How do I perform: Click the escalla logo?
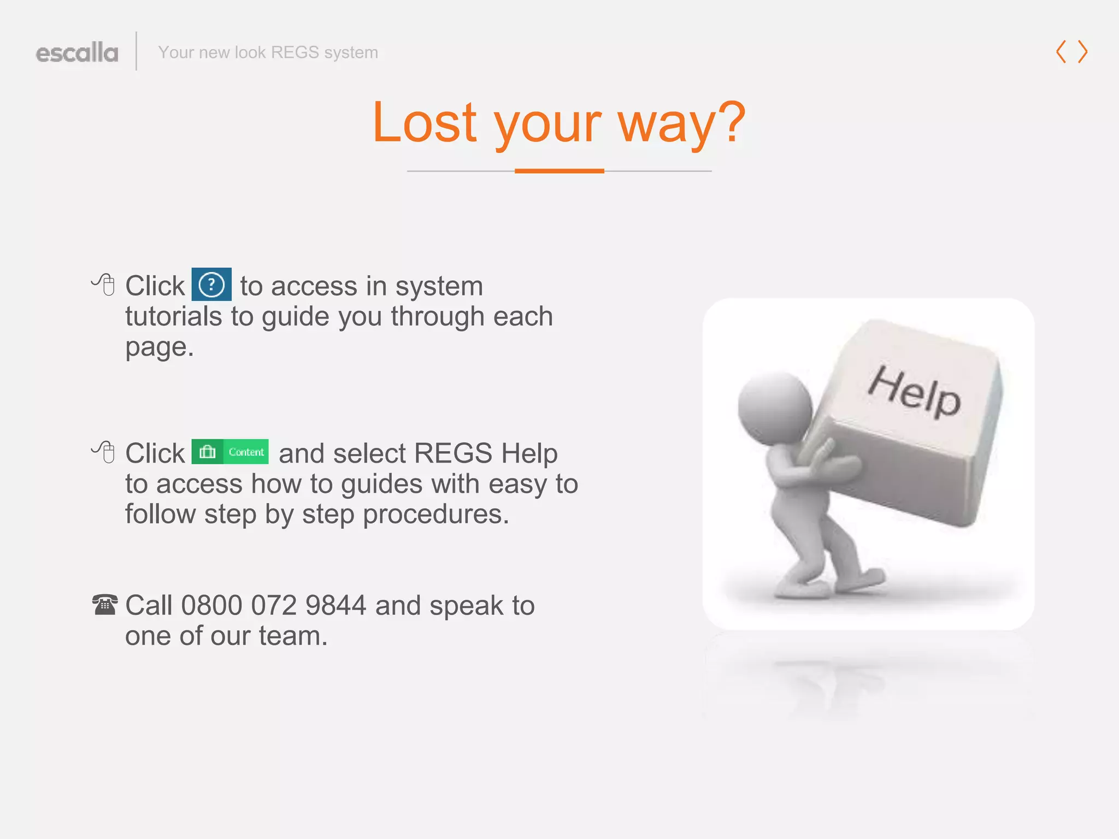coord(77,53)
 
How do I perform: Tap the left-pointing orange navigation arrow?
coord(1061,52)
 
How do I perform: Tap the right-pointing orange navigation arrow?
coord(1083,52)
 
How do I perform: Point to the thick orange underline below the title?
coord(559,171)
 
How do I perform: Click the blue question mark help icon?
coord(211,284)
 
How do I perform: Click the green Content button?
coord(230,452)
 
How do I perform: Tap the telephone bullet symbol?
coord(104,605)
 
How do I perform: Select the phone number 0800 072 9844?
coord(274,605)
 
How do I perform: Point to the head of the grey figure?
coord(774,407)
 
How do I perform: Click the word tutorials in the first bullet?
coord(173,316)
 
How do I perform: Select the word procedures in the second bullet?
coord(435,514)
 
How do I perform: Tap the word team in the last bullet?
coord(293,636)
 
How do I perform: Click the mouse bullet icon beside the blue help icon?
coord(104,284)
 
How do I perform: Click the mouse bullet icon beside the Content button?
coord(104,452)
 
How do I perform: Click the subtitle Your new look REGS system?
coord(268,52)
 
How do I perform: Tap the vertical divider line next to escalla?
coord(136,51)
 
